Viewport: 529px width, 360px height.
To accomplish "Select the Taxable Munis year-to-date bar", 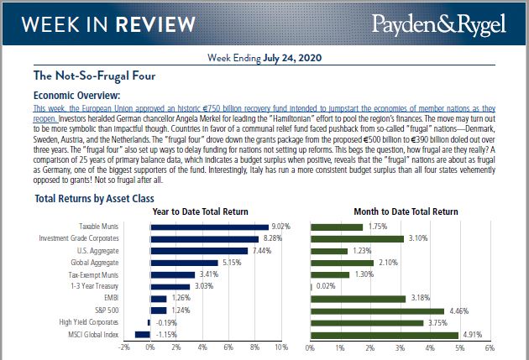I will tap(208, 227).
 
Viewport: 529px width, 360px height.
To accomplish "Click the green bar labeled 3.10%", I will tap(357, 238).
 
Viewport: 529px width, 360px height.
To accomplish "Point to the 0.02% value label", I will tap(326, 286).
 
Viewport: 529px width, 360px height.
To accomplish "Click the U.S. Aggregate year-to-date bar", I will tap(198, 250).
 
